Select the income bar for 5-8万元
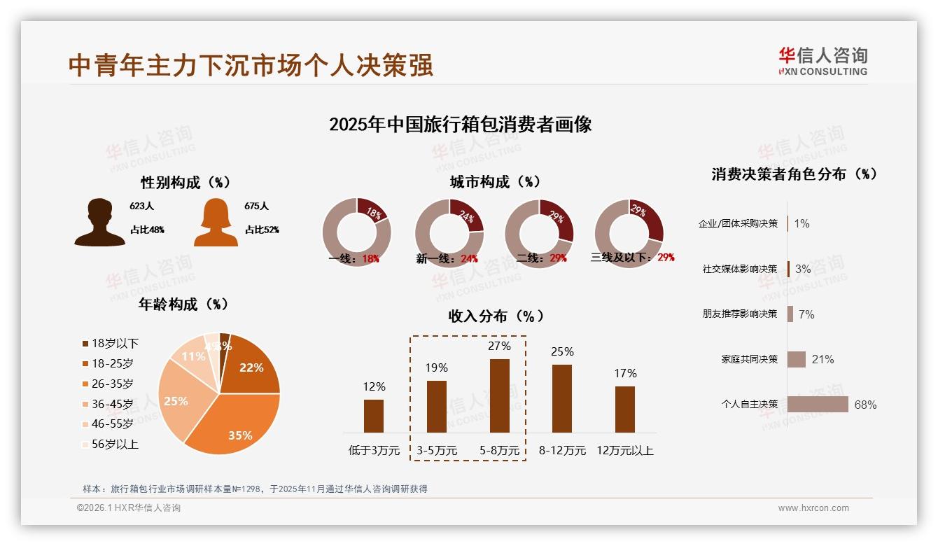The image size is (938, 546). click(499, 395)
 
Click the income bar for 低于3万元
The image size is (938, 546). click(374, 416)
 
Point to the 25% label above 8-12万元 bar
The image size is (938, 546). click(562, 352)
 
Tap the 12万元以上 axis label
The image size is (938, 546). click(624, 451)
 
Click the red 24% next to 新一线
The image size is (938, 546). click(469, 259)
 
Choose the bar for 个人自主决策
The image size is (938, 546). click(817, 405)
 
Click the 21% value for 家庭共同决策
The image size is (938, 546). click(822, 359)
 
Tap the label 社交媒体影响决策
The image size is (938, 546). click(740, 269)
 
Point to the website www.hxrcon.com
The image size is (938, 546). click(813, 508)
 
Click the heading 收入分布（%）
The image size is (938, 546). click(496, 316)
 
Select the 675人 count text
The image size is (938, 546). click(257, 206)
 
